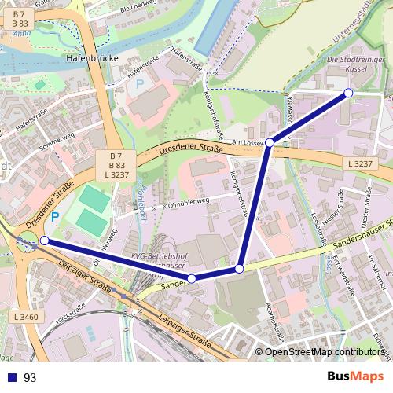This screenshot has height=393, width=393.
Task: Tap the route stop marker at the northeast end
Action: point(348,94)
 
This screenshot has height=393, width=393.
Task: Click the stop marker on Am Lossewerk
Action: point(269,143)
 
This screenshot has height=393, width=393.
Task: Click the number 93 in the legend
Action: point(31,378)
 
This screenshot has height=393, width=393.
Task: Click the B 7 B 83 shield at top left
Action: point(20,20)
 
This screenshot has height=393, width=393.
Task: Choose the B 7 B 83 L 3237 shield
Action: point(117,165)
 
